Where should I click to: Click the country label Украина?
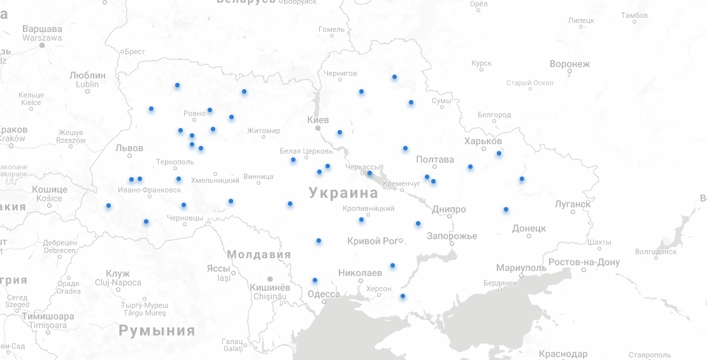343,193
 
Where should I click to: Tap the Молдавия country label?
259,255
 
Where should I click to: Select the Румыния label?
157,331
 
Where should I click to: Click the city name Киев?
318,120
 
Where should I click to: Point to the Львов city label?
129,148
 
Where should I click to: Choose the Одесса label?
324,294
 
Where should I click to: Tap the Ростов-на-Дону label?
583,262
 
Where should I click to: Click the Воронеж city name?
569,64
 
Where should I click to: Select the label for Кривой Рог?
372,241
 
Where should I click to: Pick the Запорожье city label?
452,236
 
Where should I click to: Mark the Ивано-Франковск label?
150,190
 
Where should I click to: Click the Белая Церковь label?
306,151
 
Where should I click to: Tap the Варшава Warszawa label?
42,33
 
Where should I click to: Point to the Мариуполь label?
521,268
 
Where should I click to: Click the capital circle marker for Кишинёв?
270,279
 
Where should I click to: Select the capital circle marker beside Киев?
318,128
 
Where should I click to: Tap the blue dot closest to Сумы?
411,103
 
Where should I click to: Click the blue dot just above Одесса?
315,280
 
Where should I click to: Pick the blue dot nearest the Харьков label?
499,153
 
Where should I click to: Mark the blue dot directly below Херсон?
403,296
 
